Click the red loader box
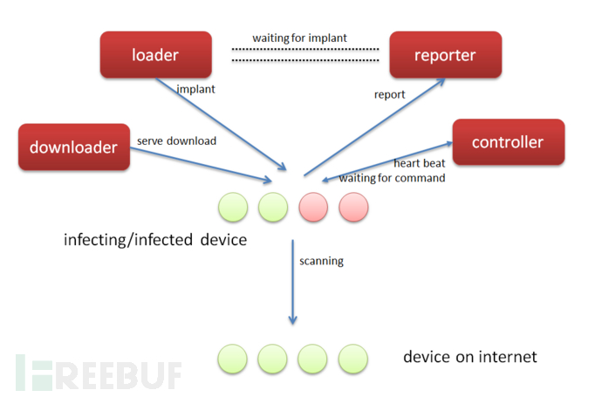156,55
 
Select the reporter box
445,55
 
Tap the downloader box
74,147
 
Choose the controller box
509,142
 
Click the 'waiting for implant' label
299,38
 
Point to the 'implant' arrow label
195,89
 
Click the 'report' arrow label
389,94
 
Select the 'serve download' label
176,140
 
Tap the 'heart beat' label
420,163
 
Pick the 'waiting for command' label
392,178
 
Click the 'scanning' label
321,261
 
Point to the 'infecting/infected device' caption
155,240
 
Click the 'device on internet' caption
470,357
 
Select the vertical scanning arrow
292,282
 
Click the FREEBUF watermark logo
99,373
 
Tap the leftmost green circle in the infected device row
233,208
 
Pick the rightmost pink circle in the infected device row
353,208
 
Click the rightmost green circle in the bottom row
353,359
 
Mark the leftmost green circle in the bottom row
233,359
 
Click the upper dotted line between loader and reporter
305,49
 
